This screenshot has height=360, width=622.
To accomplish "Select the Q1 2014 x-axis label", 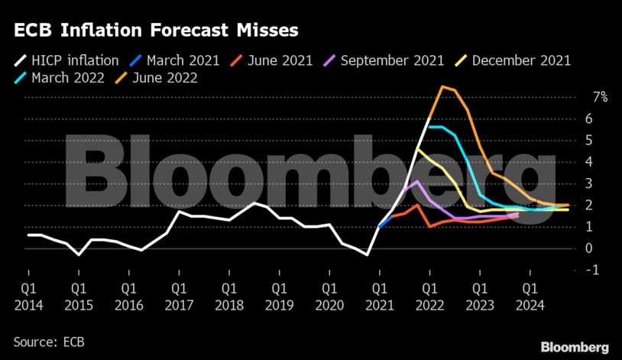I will (28, 295).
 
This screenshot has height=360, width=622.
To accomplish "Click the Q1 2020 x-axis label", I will (327, 295).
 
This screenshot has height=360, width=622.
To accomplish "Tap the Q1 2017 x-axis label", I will (178, 295).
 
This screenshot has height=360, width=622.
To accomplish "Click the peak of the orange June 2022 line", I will (442, 86).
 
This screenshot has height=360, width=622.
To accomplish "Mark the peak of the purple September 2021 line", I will (416, 182).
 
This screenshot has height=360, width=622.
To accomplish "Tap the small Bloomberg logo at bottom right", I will (575, 346).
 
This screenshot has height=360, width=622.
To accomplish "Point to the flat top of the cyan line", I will (437, 127).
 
